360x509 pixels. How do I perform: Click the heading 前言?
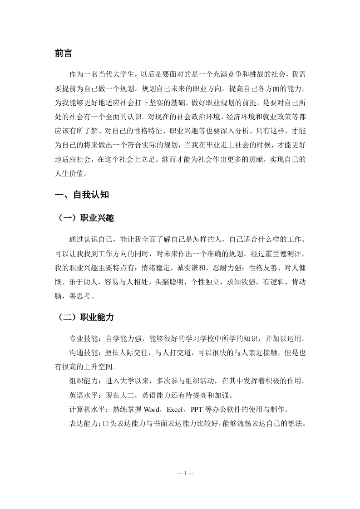coord(64,54)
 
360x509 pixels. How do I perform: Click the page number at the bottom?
coord(186,473)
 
